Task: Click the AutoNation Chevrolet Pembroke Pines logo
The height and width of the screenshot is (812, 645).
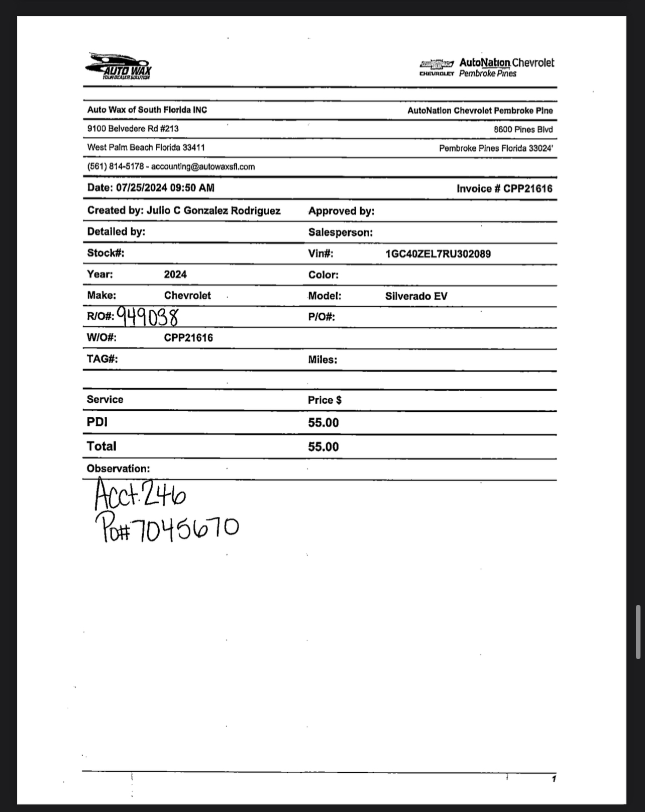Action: (487, 68)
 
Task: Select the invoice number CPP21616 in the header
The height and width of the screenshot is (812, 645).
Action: (527, 189)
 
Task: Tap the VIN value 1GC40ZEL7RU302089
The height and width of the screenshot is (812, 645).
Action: (438, 254)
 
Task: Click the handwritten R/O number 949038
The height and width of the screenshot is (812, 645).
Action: (148, 316)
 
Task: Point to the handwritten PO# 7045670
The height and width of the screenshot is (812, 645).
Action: (167, 529)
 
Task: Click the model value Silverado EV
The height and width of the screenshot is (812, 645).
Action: (416, 296)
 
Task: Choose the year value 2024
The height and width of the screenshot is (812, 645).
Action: (175, 275)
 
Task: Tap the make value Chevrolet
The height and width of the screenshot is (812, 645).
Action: (187, 296)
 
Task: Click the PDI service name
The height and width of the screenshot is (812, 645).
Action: (97, 422)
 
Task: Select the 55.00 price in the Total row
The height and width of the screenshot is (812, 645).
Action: (324, 447)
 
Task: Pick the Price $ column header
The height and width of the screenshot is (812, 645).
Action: (325, 400)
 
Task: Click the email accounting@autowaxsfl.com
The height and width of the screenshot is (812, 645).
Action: (203, 166)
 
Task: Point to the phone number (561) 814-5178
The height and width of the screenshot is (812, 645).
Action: (116, 166)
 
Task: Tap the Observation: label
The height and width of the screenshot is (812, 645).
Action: (118, 469)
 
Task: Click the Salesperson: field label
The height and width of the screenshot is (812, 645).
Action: (341, 232)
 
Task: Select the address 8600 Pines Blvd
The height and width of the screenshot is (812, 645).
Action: (523, 130)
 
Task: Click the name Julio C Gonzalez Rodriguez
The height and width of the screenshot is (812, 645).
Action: (213, 211)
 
